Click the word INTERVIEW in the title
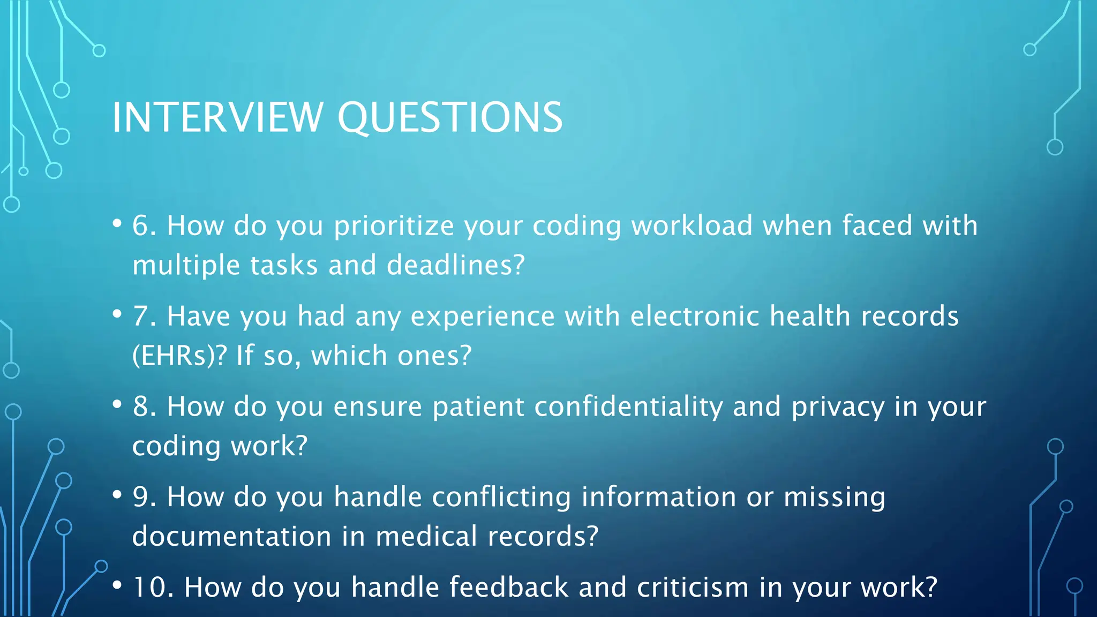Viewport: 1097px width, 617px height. tap(217, 117)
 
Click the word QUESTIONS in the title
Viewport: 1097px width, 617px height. tap(450, 117)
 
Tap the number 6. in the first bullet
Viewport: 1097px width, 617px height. tap(144, 225)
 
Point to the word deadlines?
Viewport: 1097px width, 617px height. tap(456, 265)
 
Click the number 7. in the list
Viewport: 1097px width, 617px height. tap(144, 316)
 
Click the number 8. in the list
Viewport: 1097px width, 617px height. tap(144, 407)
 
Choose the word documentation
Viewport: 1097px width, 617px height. tap(231, 536)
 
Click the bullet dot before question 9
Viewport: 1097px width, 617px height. tap(117, 495)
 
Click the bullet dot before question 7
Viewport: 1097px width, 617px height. tap(117, 314)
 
